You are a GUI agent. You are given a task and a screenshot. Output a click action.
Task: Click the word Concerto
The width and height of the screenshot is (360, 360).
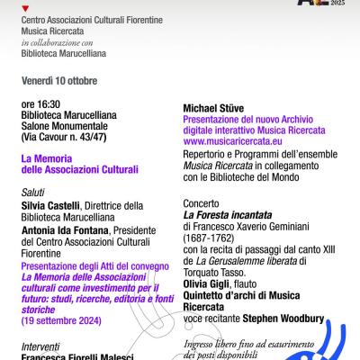point(203,193)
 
